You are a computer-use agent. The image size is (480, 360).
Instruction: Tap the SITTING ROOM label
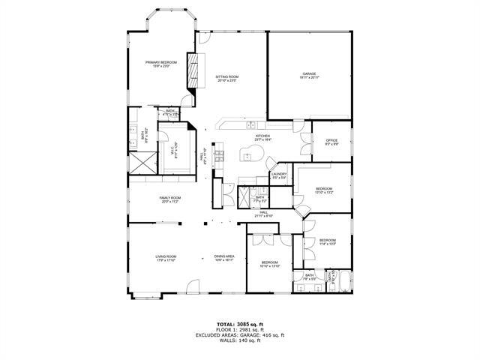pos(227,78)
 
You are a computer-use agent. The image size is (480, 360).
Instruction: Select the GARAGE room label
pos(309,75)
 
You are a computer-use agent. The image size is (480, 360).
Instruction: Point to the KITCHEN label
pos(262,137)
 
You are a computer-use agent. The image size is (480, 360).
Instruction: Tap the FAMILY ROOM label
pos(169,199)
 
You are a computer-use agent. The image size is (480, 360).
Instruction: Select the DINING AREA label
pos(224,258)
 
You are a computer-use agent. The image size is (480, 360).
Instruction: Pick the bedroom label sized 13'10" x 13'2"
pos(324,190)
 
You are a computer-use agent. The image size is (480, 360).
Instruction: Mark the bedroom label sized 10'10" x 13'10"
pos(270,264)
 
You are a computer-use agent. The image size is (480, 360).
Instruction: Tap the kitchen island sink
pos(247,155)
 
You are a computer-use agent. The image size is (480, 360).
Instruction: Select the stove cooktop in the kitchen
pos(220,156)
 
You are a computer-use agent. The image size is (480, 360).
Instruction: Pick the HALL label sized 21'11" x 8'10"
pos(264,214)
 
